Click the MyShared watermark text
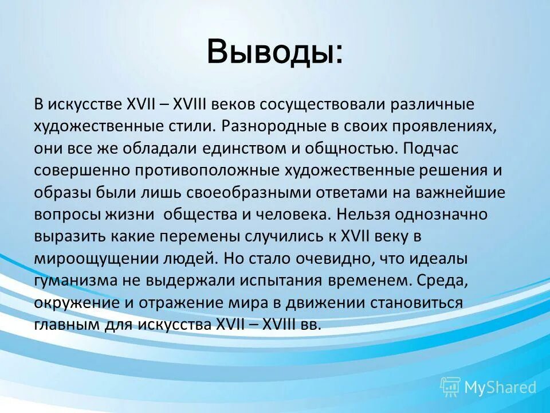click(x=500, y=387)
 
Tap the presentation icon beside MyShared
click(x=450, y=387)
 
